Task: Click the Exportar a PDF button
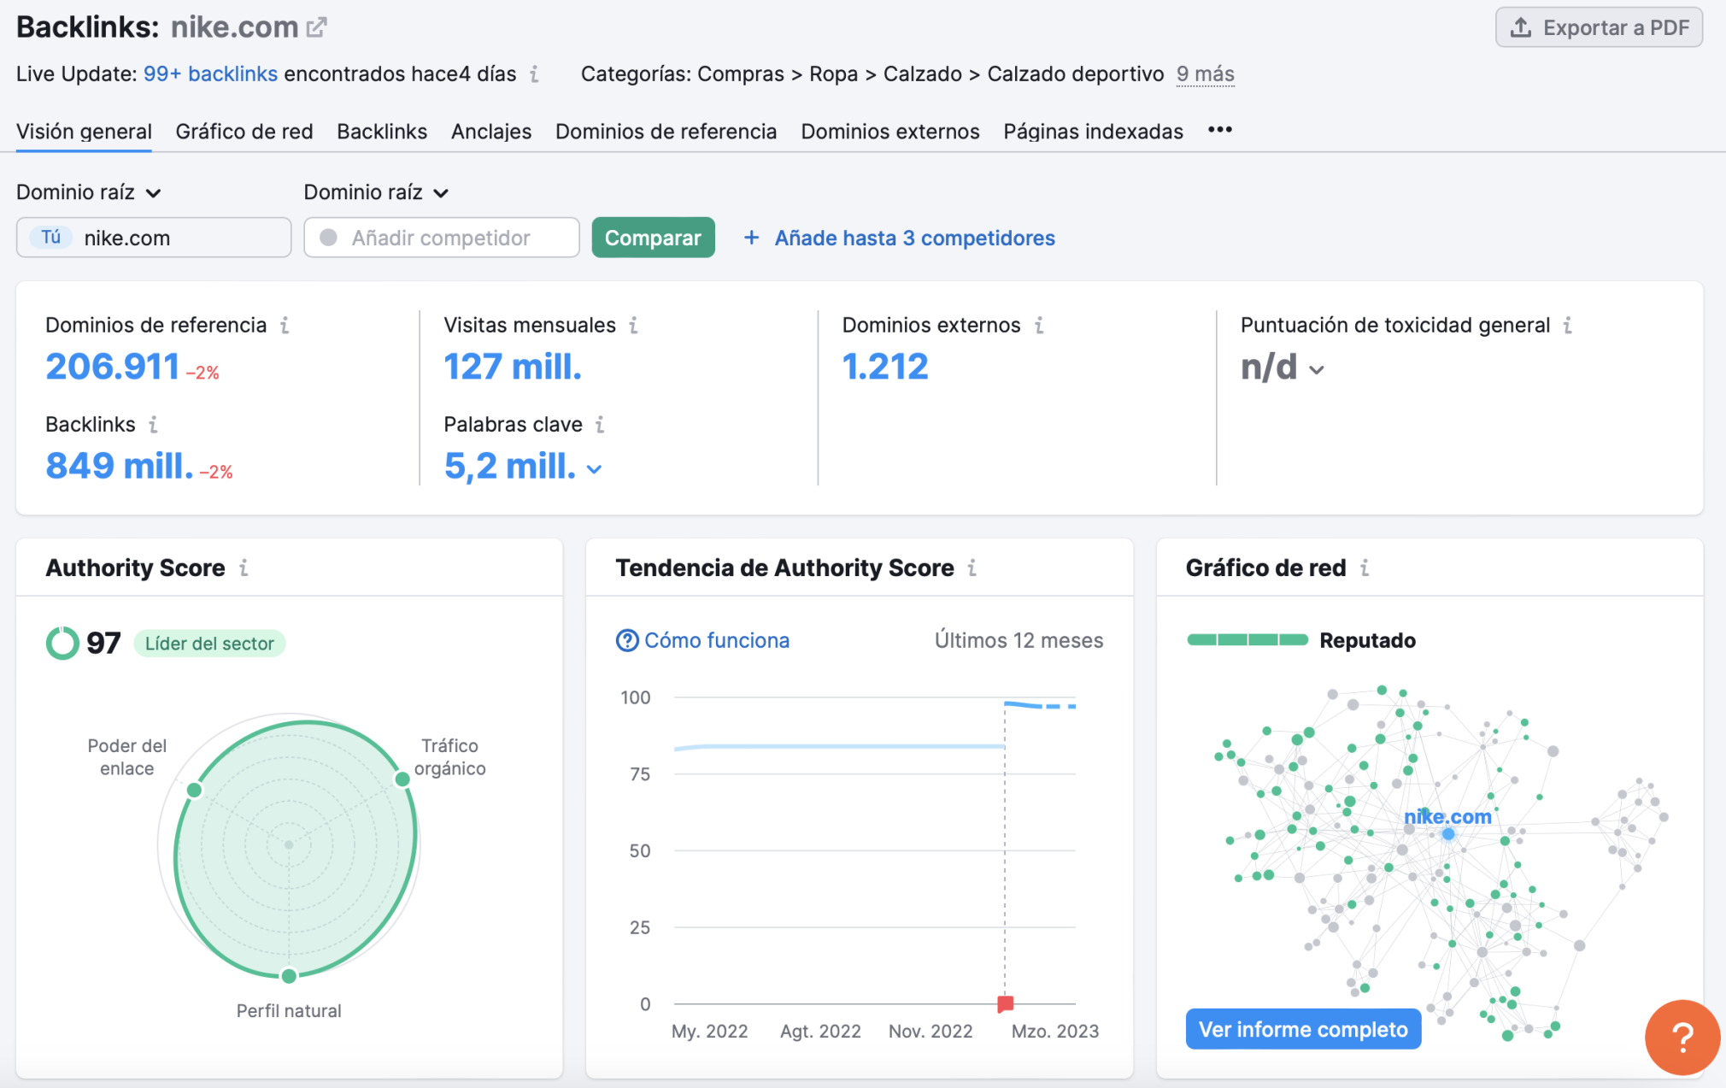coord(1598,27)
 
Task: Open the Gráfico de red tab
coord(244,132)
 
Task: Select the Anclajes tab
coord(491,132)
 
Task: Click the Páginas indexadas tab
coord(1093,132)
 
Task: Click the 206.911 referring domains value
coord(113,367)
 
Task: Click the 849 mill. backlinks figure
coord(119,466)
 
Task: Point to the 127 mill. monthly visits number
coord(512,367)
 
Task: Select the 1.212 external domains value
coord(884,367)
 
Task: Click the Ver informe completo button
coord(1302,1029)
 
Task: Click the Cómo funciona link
coord(716,640)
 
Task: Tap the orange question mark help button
coord(1681,1037)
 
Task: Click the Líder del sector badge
coord(209,644)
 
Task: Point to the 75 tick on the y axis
coord(639,774)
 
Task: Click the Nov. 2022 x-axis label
coord(930,1031)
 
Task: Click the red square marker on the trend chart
coord(1005,1003)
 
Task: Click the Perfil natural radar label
coord(289,1011)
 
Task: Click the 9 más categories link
coord(1205,74)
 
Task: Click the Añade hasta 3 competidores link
coord(914,238)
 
